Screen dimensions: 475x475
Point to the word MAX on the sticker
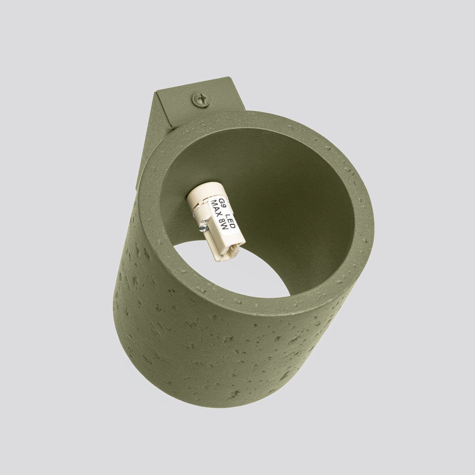click(216, 209)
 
